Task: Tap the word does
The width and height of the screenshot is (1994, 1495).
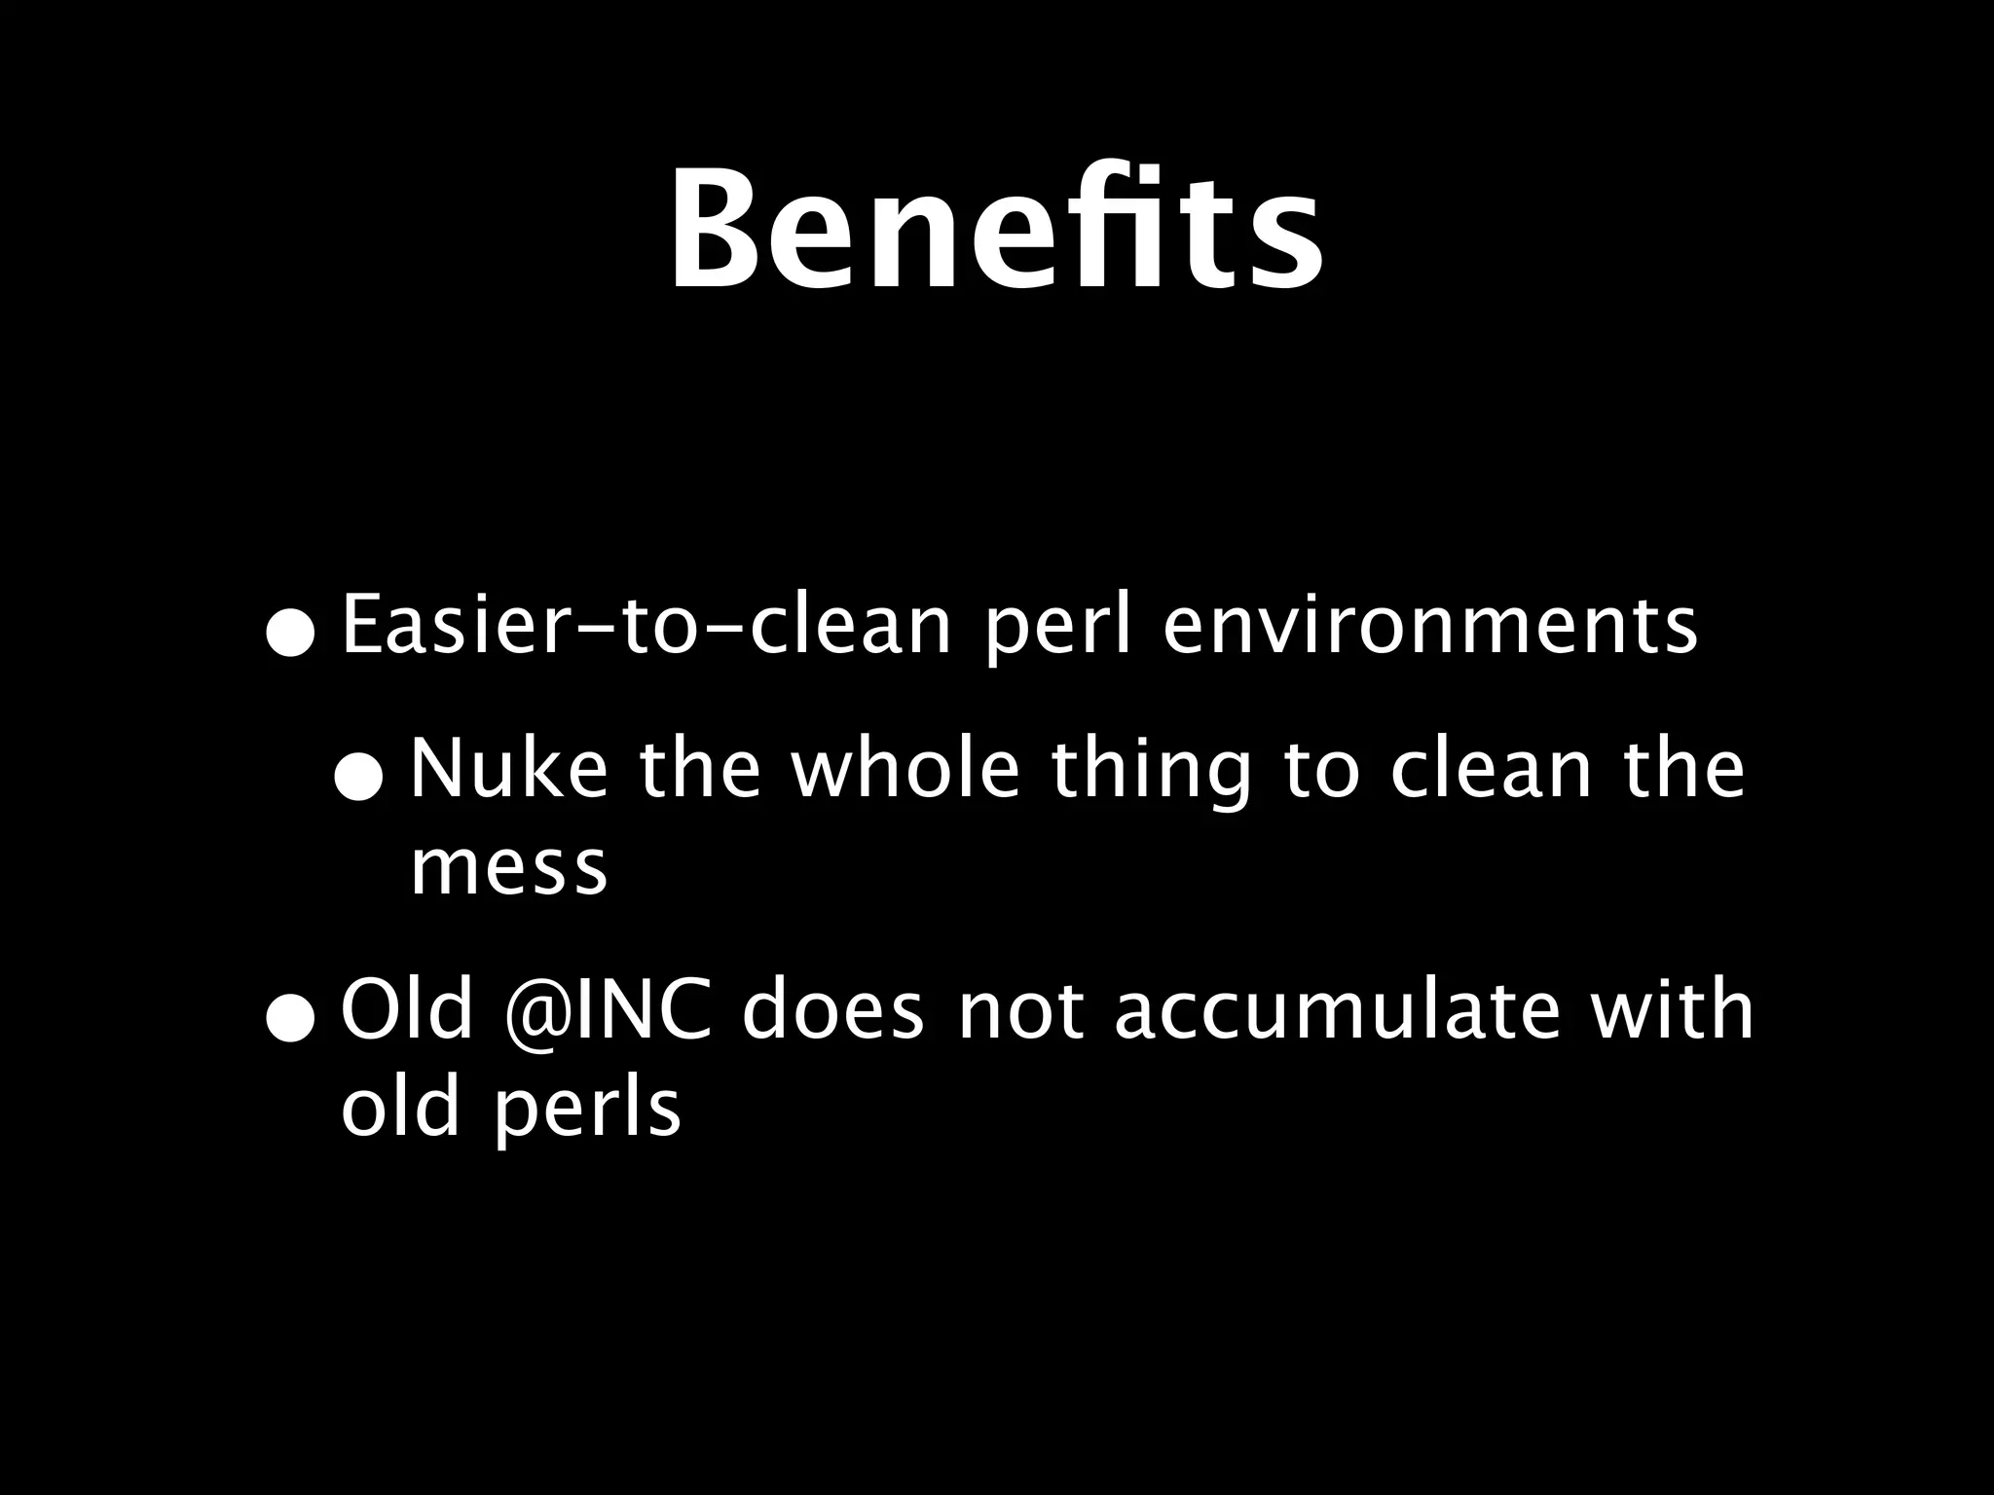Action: [x=832, y=1011]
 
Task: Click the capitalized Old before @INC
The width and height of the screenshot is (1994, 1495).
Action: [x=407, y=1011]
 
